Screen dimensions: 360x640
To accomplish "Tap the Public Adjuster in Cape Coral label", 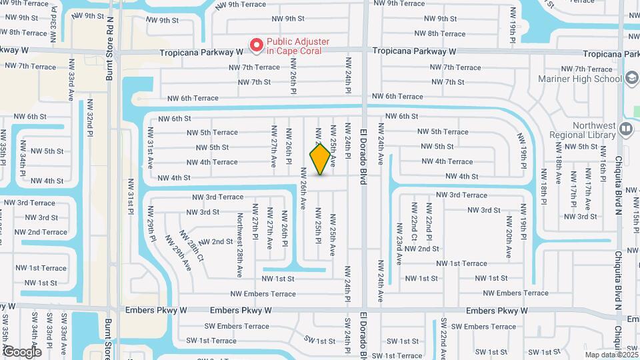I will click(x=298, y=46).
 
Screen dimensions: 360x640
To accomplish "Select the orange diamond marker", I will click(x=320, y=159).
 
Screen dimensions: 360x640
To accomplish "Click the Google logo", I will click(x=22, y=351).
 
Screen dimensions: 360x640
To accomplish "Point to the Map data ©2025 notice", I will click(x=610, y=355).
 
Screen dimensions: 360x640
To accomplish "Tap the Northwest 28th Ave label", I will click(x=239, y=245).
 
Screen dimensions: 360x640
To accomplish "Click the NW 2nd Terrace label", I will click(x=41, y=232).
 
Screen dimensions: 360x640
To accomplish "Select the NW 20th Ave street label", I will click(x=509, y=240).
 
